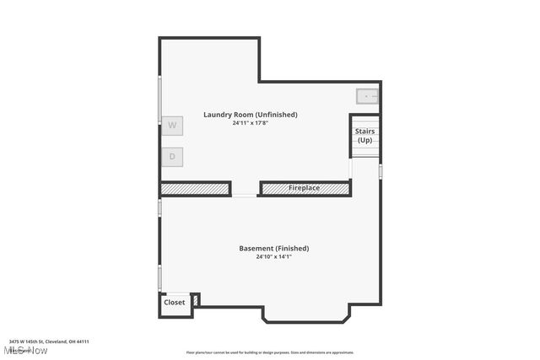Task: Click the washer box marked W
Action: [x=172, y=126]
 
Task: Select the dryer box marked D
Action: [x=172, y=156]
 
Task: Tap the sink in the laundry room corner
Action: [x=367, y=96]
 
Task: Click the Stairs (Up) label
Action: [x=364, y=136]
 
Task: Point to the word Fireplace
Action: [x=304, y=188]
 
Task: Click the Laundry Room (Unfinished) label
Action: [x=251, y=115]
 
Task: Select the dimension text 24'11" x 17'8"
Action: [x=251, y=123]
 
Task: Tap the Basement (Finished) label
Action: [x=273, y=248]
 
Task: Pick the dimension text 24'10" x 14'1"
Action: [x=273, y=256]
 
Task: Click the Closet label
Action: [x=175, y=302]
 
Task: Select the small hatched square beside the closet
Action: [x=196, y=299]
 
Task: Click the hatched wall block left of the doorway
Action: [x=195, y=189]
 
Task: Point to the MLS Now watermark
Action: [x=25, y=350]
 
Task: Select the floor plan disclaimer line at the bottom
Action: [x=270, y=352]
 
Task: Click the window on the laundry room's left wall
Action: [x=160, y=101]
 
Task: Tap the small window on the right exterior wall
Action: [x=381, y=171]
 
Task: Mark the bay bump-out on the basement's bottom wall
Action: [x=305, y=316]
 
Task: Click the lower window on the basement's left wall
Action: [x=160, y=277]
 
